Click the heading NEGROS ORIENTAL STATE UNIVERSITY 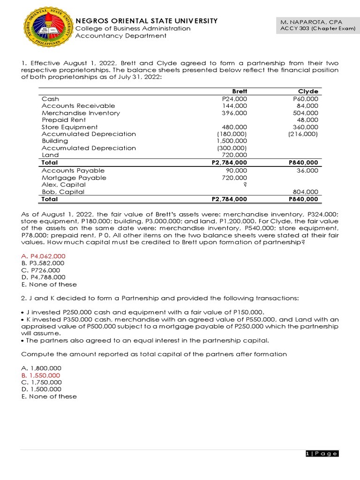click(146, 21)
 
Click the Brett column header click(240, 91)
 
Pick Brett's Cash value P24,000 click(234, 99)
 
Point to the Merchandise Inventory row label click(81, 113)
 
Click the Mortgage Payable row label click(74, 178)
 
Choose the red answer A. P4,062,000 click(44, 256)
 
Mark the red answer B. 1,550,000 click(41, 375)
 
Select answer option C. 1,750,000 click(41, 382)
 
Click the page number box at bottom click(321, 453)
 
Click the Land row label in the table click(50, 155)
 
